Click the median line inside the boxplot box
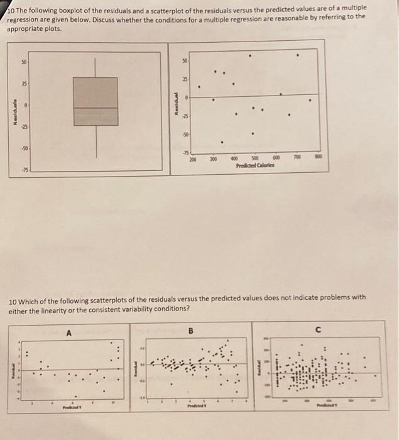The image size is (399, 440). (x=95, y=108)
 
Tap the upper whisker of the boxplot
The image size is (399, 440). (x=96, y=68)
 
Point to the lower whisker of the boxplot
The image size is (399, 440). (x=96, y=141)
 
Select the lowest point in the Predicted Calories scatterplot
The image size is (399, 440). (x=221, y=142)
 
